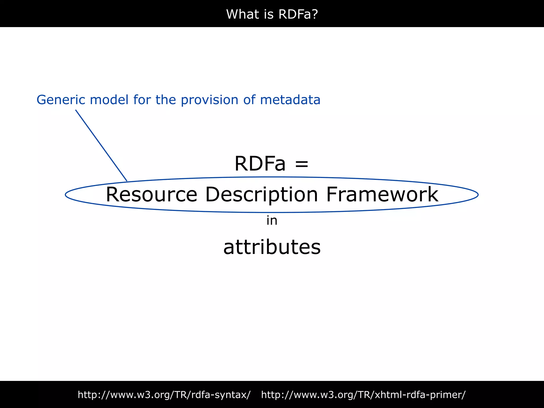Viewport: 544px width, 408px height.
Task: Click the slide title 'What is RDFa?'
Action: click(x=272, y=14)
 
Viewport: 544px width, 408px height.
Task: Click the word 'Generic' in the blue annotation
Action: click(x=61, y=100)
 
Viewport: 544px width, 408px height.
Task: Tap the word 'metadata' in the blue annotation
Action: click(x=290, y=100)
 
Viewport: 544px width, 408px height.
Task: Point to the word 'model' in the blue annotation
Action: click(x=109, y=100)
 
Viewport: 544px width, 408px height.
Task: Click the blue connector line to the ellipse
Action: click(x=101, y=145)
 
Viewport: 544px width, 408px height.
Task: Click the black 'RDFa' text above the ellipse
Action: click(x=260, y=164)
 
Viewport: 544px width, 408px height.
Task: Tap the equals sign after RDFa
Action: click(x=301, y=164)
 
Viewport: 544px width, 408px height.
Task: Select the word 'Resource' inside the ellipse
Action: click(x=151, y=195)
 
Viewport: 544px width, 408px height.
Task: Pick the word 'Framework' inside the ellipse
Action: click(x=382, y=195)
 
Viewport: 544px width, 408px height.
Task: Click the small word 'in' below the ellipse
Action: click(x=272, y=221)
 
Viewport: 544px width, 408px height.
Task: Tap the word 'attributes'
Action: click(x=272, y=247)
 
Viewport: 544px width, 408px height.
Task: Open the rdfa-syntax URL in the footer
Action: click(x=164, y=395)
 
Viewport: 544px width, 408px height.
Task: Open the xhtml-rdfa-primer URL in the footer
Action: click(x=363, y=395)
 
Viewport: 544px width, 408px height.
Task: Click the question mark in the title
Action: click(x=315, y=14)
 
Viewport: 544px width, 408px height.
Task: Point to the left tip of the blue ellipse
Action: click(x=66, y=195)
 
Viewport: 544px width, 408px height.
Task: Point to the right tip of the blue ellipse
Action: click(x=478, y=195)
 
